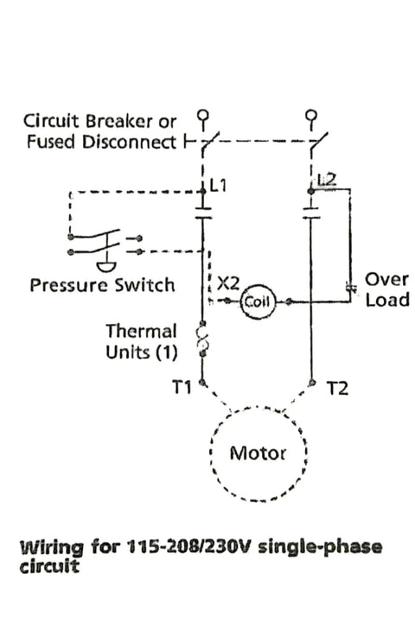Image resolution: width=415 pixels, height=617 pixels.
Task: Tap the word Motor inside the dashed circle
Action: pos(258,454)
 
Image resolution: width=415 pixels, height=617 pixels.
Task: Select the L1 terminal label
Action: pos(219,185)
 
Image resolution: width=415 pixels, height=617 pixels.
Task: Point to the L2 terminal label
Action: pos(327,179)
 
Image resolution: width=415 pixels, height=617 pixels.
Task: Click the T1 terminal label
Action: pos(182,388)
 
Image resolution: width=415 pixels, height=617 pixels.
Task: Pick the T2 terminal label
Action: pos(338,389)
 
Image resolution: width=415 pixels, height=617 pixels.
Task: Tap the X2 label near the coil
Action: pos(228,283)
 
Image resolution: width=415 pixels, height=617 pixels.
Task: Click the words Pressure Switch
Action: pos(102,285)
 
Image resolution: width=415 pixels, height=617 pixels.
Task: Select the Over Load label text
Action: pos(387,289)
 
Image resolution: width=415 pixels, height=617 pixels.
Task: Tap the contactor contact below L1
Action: pos(203,213)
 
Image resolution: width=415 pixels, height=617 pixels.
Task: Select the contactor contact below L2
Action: pos(311,213)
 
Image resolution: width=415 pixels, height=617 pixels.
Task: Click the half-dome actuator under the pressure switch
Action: pos(106,267)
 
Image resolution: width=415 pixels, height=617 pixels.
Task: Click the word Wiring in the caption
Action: pos(51,547)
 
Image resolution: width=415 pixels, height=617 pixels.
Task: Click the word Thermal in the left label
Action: pos(141,331)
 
